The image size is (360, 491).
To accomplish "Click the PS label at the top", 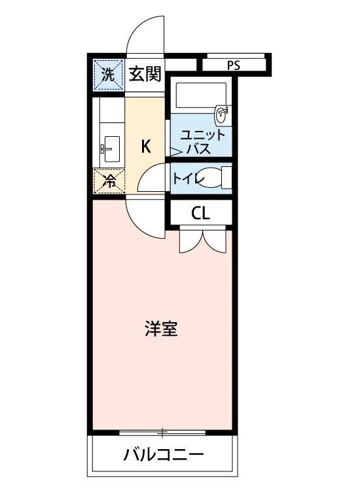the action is tap(233, 65).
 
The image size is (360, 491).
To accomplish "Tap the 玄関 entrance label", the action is tap(145, 74).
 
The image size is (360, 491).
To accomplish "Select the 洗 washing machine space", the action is tap(108, 75).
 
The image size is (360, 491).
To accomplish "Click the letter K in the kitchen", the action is tap(146, 146).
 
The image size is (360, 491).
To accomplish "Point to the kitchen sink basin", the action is tap(111, 149).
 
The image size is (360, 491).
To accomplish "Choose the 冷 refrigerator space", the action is tap(109, 181).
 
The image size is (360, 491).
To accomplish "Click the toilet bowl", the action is tap(213, 178).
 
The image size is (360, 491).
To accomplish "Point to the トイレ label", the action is tap(188, 179).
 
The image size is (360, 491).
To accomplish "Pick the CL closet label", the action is tap(200, 213).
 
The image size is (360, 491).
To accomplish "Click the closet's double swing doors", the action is tap(202, 240).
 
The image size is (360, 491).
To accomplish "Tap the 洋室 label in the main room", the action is tap(161, 329).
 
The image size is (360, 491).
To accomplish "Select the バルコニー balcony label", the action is tap(164, 454).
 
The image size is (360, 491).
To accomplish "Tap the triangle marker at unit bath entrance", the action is tap(175, 152).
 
